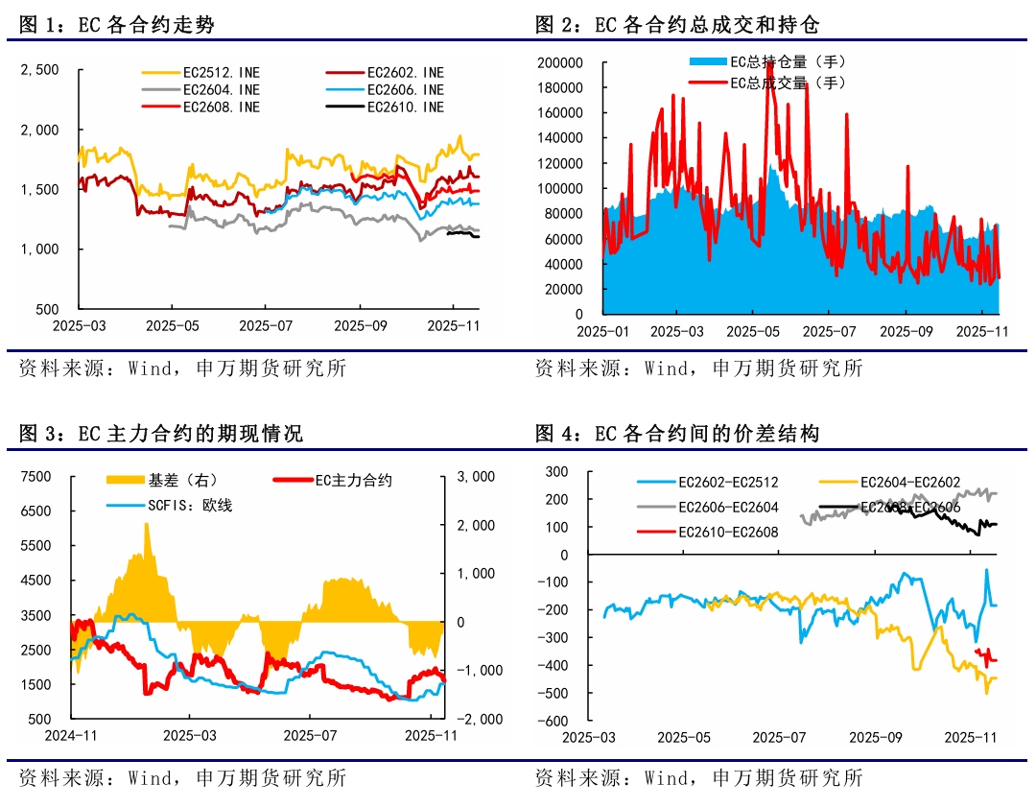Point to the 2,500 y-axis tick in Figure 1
[x=40, y=69]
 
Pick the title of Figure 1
[x=116, y=25]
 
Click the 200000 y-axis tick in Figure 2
[x=561, y=63]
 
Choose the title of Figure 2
[x=677, y=25]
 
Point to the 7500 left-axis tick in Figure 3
[x=35, y=477]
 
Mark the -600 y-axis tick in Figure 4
[x=553, y=721]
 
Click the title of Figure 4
[x=677, y=434]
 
